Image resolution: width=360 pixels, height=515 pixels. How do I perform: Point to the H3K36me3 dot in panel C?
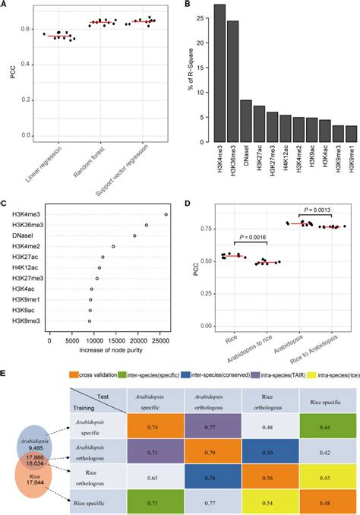[147, 225]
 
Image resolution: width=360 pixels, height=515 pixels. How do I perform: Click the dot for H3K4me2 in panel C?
[113, 246]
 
